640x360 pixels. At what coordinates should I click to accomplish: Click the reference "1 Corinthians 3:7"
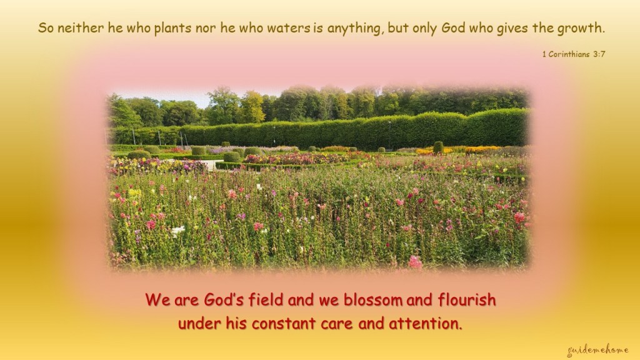[574, 54]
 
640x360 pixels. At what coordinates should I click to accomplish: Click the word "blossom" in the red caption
[373, 300]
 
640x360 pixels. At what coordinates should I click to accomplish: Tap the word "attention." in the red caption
[426, 324]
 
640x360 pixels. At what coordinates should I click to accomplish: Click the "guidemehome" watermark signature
[598, 351]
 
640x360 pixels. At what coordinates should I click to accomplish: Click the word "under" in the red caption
[199, 324]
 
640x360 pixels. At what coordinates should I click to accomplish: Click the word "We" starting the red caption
[158, 300]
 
